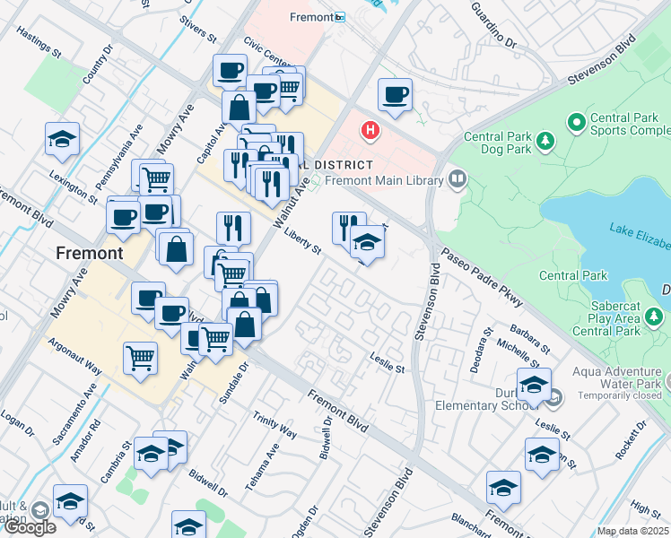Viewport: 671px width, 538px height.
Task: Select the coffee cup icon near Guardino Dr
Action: (x=395, y=95)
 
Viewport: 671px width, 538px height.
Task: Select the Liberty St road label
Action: (x=301, y=244)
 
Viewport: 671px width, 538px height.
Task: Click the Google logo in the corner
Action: (x=30, y=526)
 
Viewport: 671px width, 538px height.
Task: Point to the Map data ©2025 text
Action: (x=632, y=531)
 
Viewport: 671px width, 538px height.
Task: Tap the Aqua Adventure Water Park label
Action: (x=620, y=383)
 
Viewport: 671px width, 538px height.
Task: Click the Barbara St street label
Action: (x=528, y=338)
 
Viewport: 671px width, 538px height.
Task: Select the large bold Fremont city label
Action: (x=90, y=253)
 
